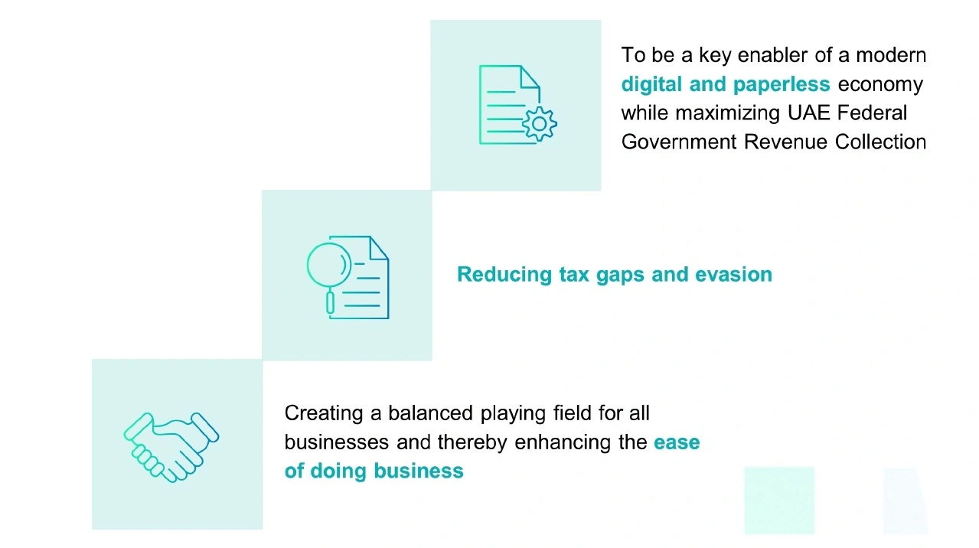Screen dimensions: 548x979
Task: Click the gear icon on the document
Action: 540,124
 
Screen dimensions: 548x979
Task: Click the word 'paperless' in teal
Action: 782,84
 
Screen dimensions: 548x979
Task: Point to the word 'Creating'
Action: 324,414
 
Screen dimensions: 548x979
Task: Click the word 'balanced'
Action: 430,414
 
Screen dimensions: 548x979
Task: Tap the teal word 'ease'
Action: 677,443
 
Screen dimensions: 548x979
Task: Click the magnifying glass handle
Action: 331,302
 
